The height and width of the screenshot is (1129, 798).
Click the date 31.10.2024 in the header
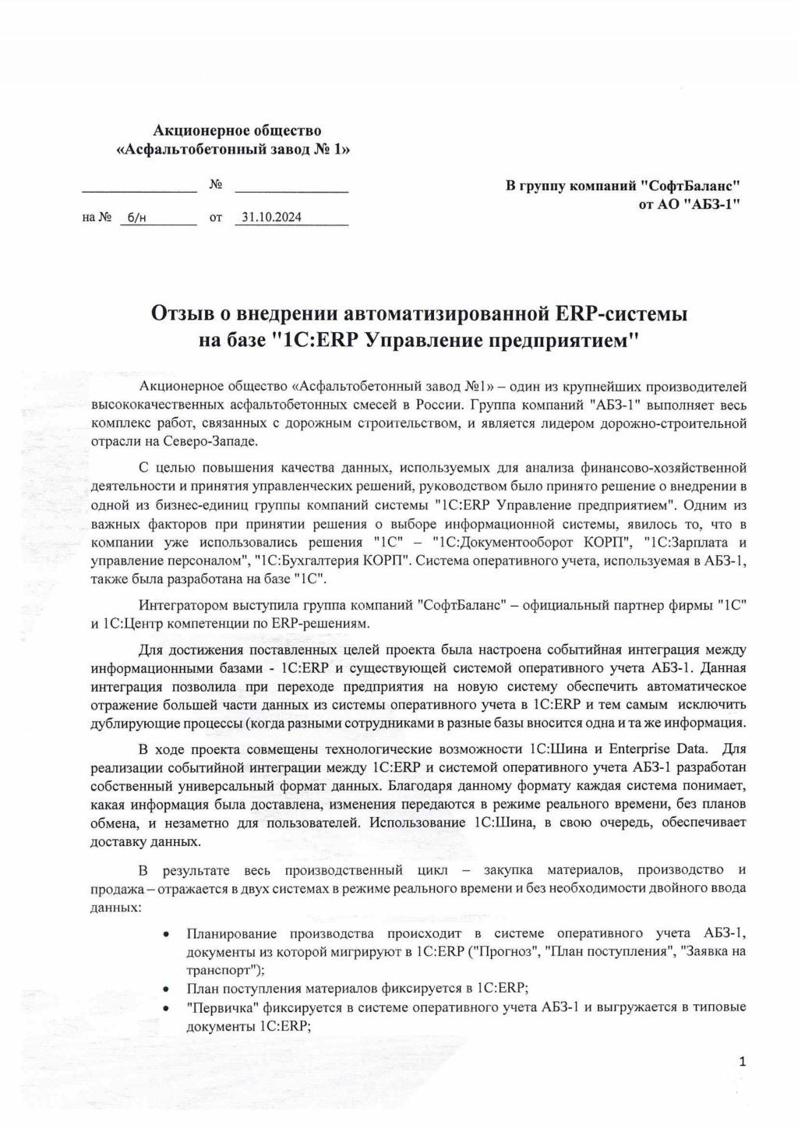(x=272, y=218)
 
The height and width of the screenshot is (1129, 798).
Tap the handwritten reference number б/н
(x=136, y=218)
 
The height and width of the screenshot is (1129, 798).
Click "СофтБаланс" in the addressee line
(x=690, y=186)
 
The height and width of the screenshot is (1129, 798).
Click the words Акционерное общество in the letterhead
(x=237, y=131)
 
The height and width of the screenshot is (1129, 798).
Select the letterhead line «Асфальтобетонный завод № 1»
(x=232, y=150)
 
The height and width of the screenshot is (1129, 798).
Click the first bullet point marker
(x=166, y=934)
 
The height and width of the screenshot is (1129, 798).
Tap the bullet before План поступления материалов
(x=166, y=989)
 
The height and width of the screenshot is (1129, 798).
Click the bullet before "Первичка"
(x=166, y=1007)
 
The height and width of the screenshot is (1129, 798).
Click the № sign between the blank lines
(x=216, y=185)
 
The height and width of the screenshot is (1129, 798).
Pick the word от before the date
(x=216, y=218)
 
